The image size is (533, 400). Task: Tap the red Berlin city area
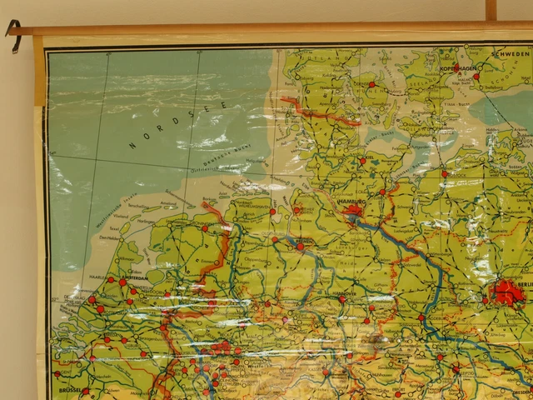[x=506, y=292]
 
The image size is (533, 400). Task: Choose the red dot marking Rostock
[x=444, y=174]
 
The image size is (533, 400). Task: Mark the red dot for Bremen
[x=300, y=247]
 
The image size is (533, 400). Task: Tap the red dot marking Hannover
[x=342, y=298]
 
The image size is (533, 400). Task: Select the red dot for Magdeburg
[x=421, y=317]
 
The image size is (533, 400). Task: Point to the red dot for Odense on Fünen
[x=371, y=84]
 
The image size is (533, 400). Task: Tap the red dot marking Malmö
[x=476, y=76]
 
